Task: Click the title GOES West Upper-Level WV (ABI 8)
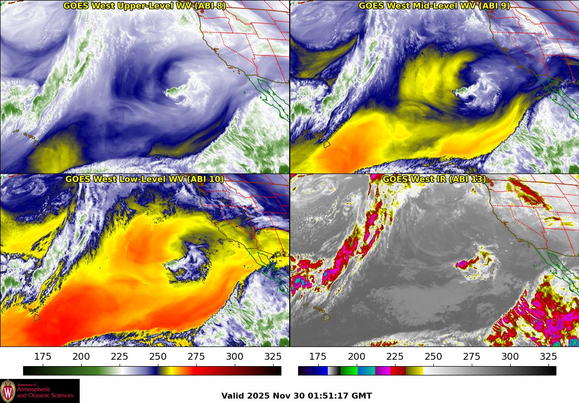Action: pyautogui.click(x=144, y=6)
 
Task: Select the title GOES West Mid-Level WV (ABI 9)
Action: pyautogui.click(x=434, y=6)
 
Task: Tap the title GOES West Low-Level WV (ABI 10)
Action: pyautogui.click(x=144, y=179)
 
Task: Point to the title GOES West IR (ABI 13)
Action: pyautogui.click(x=434, y=179)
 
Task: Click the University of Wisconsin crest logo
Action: pyautogui.click(x=8, y=391)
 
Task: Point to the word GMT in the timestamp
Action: pyautogui.click(x=362, y=396)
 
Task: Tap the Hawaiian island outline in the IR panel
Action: pyautogui.click(x=326, y=317)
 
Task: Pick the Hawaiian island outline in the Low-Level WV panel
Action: pyautogui.click(x=36, y=317)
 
